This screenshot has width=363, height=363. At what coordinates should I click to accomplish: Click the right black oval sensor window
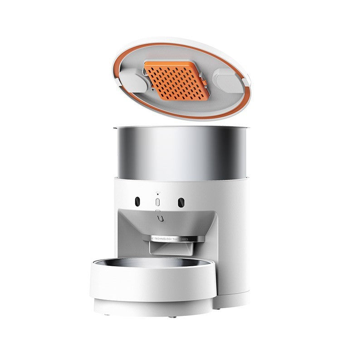point(181,201)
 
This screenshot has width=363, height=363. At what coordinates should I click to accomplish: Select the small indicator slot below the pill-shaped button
point(157,211)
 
